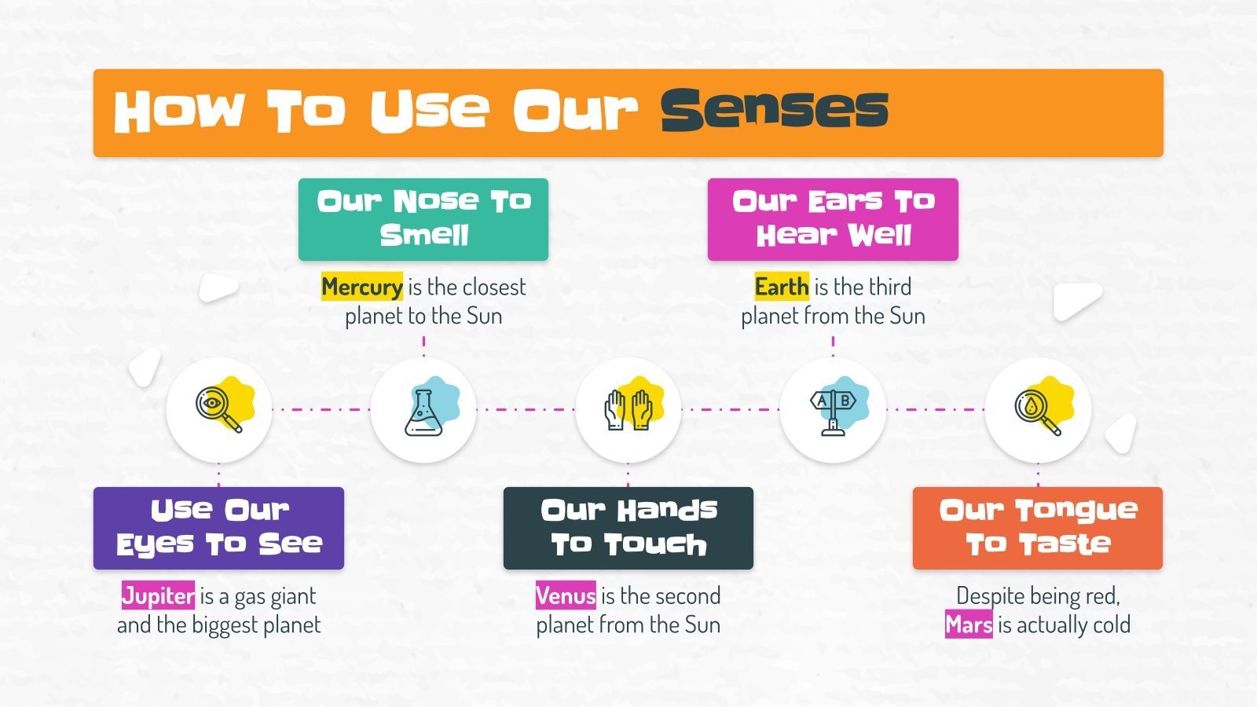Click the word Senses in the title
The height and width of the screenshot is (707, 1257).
[x=774, y=110]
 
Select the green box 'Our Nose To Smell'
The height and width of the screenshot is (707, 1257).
[x=423, y=219]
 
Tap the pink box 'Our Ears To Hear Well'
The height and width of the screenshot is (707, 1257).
[x=833, y=219]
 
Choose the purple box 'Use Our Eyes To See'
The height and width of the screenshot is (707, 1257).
[x=218, y=528]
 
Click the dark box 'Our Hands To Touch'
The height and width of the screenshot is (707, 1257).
[x=628, y=528]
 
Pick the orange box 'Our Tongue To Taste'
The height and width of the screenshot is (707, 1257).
[x=1038, y=528]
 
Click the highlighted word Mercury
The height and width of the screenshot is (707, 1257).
[x=362, y=287]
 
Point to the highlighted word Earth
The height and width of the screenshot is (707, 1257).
[x=781, y=287]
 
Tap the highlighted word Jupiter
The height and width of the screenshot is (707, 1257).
[x=158, y=595]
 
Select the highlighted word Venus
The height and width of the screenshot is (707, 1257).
[x=566, y=595]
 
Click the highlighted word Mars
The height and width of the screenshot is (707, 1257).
[x=969, y=625]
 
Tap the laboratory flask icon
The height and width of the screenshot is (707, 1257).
[x=423, y=411]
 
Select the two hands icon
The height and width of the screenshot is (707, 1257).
[x=628, y=409]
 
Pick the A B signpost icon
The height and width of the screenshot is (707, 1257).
[x=833, y=409]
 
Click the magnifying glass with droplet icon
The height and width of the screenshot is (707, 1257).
[x=1038, y=409]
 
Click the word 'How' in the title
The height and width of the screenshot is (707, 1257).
[x=178, y=110]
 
